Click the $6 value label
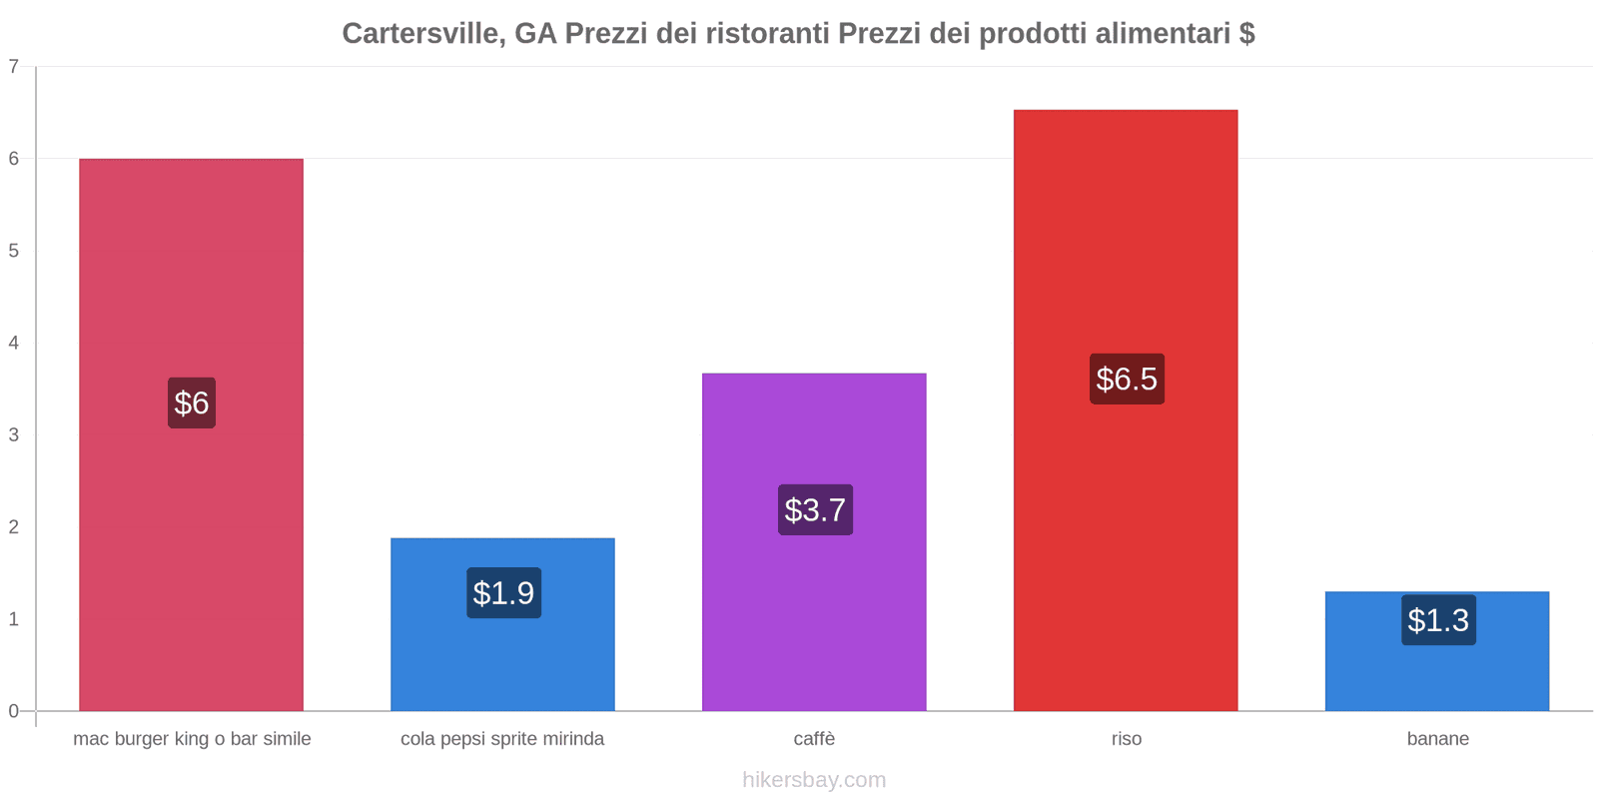tap(192, 402)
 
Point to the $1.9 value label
tap(503, 593)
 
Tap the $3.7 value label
tap(815, 510)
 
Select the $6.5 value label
tap(1127, 380)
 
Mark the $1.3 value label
tap(1438, 620)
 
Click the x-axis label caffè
tap(814, 739)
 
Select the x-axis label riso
tap(1126, 739)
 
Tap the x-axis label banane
tap(1437, 739)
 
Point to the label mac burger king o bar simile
tap(192, 739)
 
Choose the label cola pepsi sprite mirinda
tap(502, 739)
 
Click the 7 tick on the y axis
tap(14, 67)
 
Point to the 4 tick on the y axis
tap(14, 343)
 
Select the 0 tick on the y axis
tap(14, 711)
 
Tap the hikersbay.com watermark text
tap(814, 780)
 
